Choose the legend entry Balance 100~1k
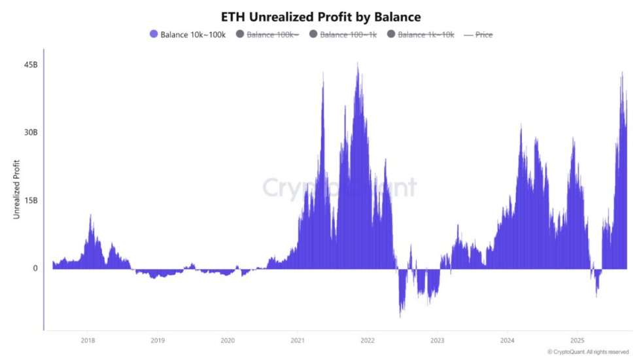347,34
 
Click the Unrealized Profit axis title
17,189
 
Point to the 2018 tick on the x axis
88,340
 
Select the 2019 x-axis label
158,340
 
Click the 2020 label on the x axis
228,340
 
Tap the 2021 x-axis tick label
298,340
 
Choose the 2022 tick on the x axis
368,340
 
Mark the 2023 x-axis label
438,340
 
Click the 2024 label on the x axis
508,340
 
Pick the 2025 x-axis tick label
578,340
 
